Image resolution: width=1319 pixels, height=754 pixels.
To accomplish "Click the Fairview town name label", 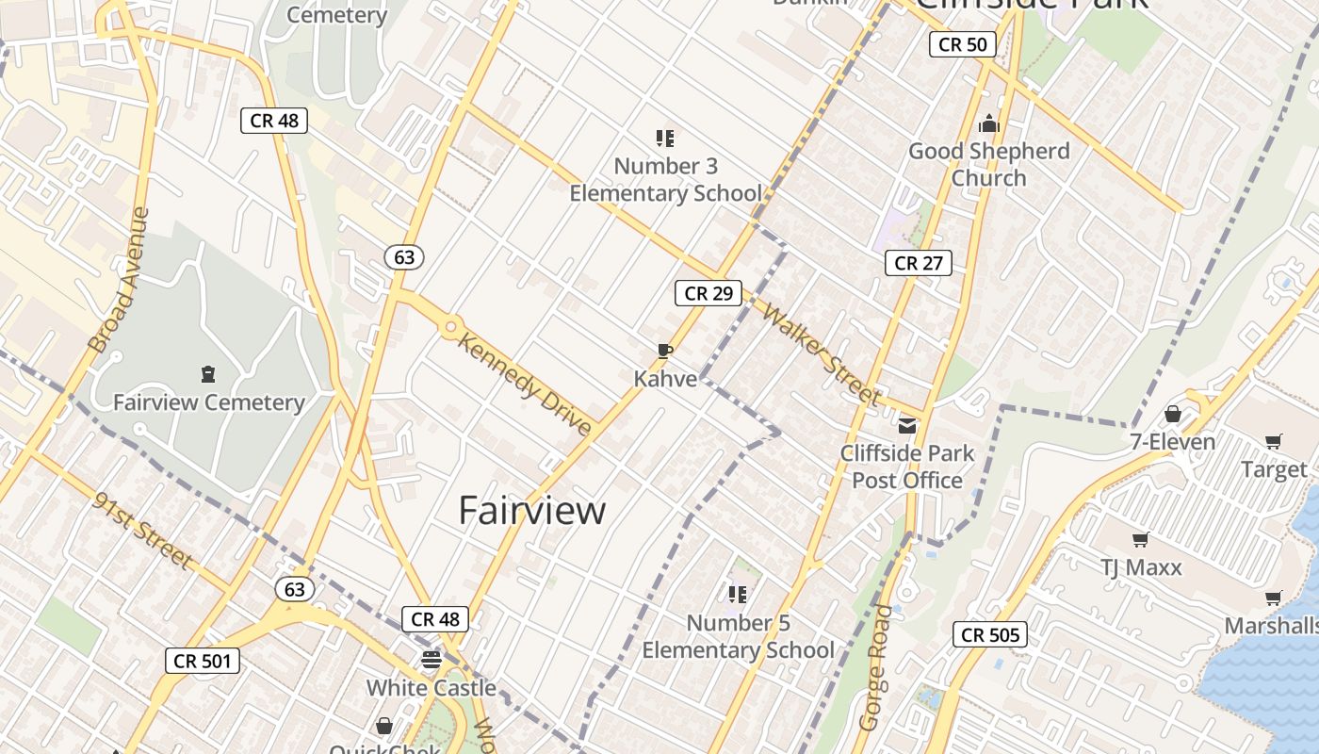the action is coord(532,510).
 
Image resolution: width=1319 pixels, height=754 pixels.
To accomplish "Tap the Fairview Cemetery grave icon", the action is coord(208,374).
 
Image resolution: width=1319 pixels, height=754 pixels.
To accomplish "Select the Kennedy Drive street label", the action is coord(524,383).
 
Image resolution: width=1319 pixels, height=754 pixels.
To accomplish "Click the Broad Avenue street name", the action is coord(120,280).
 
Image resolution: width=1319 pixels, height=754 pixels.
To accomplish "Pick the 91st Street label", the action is coord(143,529).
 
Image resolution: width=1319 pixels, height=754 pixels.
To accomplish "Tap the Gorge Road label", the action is coord(875,667).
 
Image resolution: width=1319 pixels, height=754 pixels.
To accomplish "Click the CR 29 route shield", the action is coord(708,293).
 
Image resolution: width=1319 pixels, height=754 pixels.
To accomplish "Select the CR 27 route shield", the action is coord(918,263).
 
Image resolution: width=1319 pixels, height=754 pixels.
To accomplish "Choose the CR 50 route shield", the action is coord(962,44).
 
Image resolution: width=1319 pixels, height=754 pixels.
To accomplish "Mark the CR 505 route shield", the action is coord(988,634).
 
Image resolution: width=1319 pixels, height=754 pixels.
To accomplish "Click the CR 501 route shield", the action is coord(202,661).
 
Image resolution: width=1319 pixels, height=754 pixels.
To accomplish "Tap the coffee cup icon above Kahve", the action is coord(665,352).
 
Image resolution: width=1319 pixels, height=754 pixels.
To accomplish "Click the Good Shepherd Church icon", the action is coord(988,123).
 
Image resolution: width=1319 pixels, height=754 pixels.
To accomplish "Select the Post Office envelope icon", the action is coord(907,425).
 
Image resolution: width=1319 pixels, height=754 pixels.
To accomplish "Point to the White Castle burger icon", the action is coord(432,659).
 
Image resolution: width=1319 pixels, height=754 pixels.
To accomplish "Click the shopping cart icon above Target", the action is coord(1274,441).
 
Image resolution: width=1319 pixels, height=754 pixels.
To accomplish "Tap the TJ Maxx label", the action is coord(1141,567).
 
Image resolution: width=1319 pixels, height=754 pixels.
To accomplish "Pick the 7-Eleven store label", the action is coord(1173,441).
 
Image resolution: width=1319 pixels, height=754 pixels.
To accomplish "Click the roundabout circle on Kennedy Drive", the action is coord(451,327).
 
